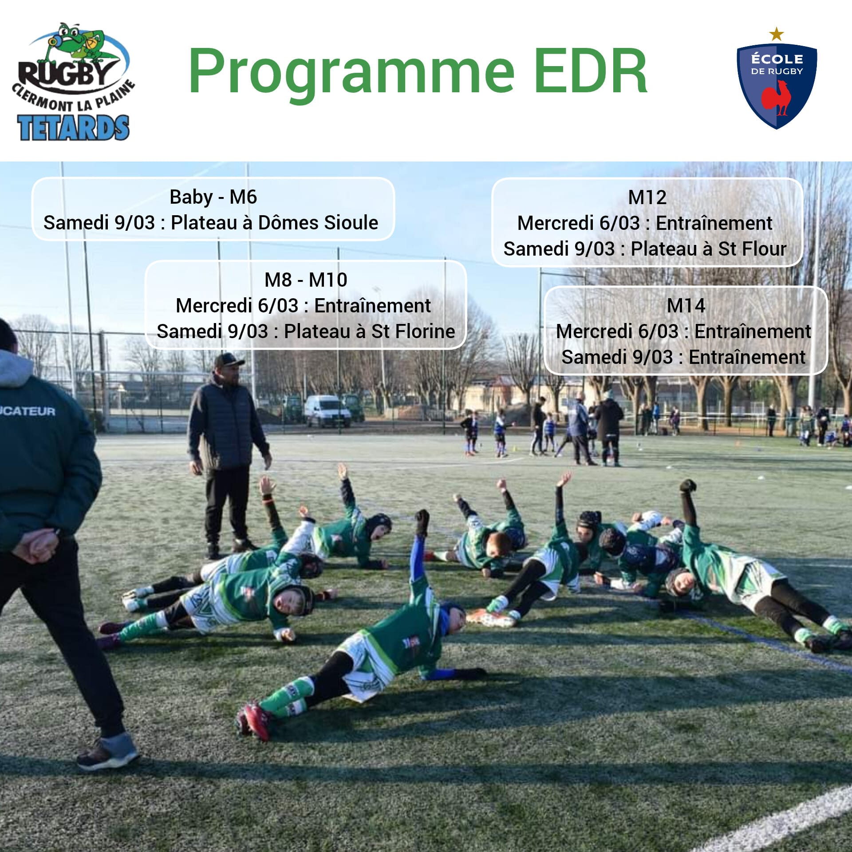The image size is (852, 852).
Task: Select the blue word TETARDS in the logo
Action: coord(74,128)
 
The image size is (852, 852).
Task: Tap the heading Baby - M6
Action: coord(213,197)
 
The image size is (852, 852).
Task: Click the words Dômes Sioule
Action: coord(318,223)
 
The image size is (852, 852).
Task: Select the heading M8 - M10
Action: coord(306,280)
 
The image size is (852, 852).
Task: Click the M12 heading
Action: coord(647,197)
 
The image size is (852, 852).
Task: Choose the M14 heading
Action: coord(686,306)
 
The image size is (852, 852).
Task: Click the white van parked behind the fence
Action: coord(327,410)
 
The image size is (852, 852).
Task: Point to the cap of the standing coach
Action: coord(229,359)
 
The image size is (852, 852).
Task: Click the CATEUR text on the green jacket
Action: coord(28,411)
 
